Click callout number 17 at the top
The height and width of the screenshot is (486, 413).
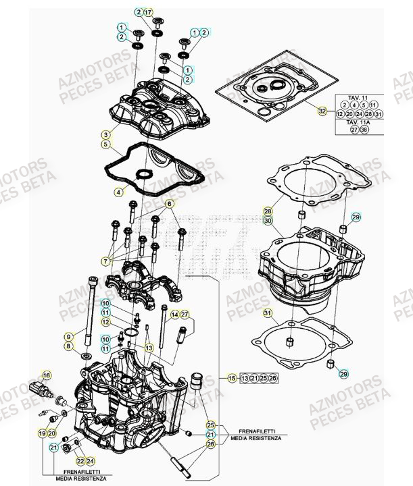tap(149, 12)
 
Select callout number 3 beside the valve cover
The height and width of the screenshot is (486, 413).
tap(106, 134)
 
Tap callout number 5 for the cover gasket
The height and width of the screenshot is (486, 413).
tap(106, 144)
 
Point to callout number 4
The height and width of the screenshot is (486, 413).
tap(119, 192)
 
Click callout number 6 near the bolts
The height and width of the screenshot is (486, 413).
tap(170, 203)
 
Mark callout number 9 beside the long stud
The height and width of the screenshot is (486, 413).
tap(68, 335)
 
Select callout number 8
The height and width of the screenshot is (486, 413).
tap(68, 346)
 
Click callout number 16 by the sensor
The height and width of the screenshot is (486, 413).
tap(47, 375)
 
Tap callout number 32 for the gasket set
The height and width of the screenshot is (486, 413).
tap(322, 111)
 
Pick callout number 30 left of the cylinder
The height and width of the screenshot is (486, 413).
tap(268, 221)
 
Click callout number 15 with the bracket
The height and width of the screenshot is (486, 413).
tap(231, 379)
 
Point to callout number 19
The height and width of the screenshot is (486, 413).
tap(43, 433)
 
